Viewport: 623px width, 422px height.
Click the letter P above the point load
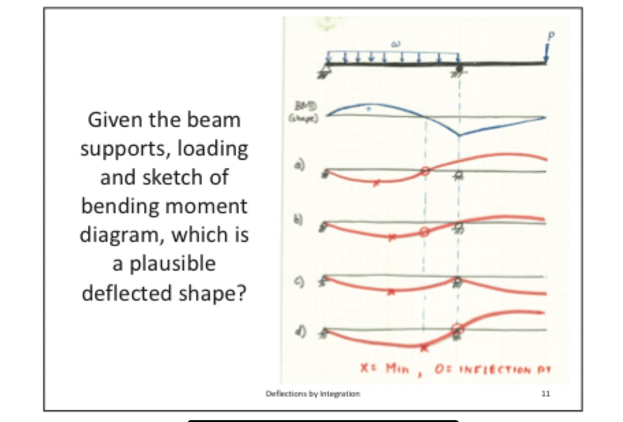pyautogui.click(x=551, y=36)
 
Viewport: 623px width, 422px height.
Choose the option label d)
pyautogui.click(x=300, y=332)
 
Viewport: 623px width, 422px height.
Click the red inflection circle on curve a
pyautogui.click(x=425, y=172)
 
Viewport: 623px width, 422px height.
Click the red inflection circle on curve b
pyautogui.click(x=424, y=231)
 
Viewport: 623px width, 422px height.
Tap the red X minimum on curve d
pyautogui.click(x=424, y=348)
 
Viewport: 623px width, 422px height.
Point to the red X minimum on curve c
pyautogui.click(x=392, y=292)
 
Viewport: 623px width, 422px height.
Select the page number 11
pyautogui.click(x=545, y=394)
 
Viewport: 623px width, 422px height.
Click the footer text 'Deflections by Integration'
pyautogui.click(x=313, y=394)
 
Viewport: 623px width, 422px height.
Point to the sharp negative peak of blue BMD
pyautogui.click(x=459, y=135)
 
